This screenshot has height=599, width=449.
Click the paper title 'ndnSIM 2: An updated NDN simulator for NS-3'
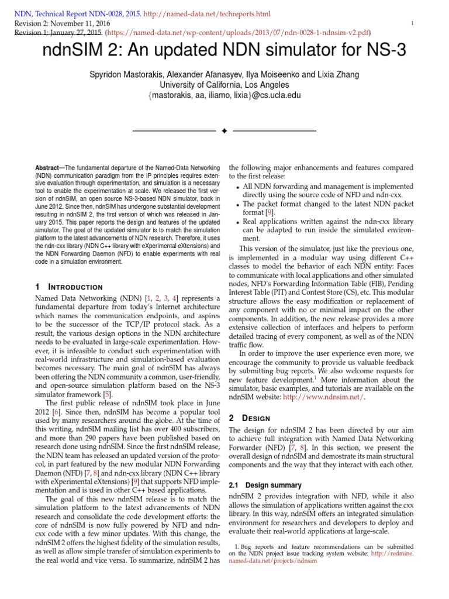click(224, 51)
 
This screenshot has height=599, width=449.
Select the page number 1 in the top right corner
click(412, 23)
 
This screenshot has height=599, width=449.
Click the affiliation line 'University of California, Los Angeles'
click(224, 85)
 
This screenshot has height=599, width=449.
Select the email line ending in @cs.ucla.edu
click(224, 95)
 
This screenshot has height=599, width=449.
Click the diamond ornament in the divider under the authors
click(224, 130)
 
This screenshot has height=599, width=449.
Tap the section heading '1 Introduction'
click(68, 287)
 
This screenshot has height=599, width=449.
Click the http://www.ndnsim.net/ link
click(324, 397)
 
